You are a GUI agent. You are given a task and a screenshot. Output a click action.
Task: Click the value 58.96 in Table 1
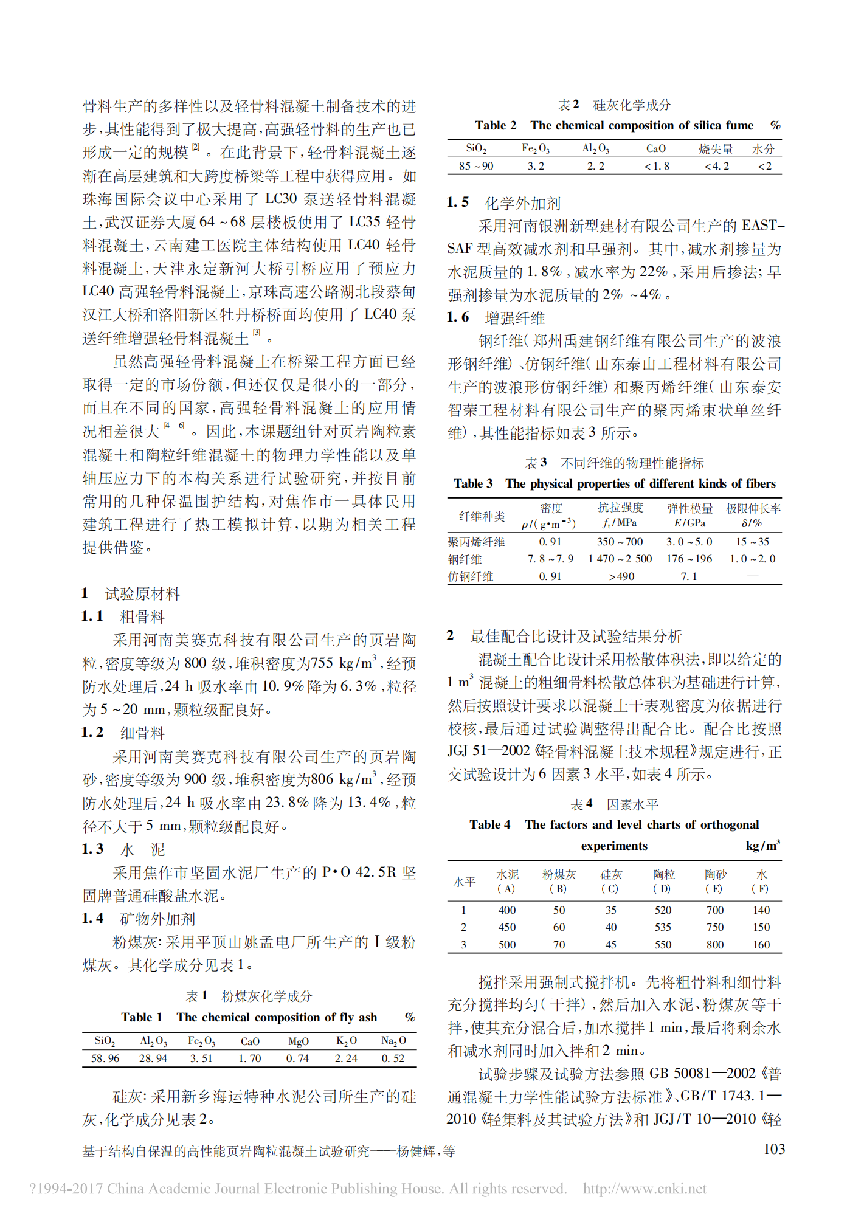pos(105,1058)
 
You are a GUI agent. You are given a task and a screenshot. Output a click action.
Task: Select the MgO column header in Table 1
pos(298,1041)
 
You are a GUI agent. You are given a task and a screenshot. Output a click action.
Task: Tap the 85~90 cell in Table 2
pos(476,166)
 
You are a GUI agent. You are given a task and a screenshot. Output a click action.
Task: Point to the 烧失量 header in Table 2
pos(716,149)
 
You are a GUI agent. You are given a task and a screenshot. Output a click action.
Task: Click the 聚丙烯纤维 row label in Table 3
pos(476,542)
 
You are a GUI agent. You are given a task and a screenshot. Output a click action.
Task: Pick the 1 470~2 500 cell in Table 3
pos(620,559)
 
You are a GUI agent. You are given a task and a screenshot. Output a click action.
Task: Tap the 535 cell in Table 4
pos(663,927)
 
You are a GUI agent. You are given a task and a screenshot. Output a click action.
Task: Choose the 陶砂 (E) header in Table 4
pos(715,881)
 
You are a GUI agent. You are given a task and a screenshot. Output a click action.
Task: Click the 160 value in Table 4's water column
pos(761,945)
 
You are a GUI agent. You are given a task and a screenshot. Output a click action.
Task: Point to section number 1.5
pos(457,202)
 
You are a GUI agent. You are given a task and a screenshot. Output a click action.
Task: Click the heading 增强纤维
pos(514,318)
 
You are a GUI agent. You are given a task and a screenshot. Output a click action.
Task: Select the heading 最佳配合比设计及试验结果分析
pos(575,637)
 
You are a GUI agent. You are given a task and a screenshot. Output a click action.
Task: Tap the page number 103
pos(774,1149)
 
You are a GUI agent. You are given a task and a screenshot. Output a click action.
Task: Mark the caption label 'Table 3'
pos(473,483)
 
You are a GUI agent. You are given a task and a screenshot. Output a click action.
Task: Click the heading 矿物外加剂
pos(157,919)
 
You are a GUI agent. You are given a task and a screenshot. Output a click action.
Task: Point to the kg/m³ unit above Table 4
pos(762,846)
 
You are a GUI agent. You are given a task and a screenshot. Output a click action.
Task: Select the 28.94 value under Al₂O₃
pos(153,1058)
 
